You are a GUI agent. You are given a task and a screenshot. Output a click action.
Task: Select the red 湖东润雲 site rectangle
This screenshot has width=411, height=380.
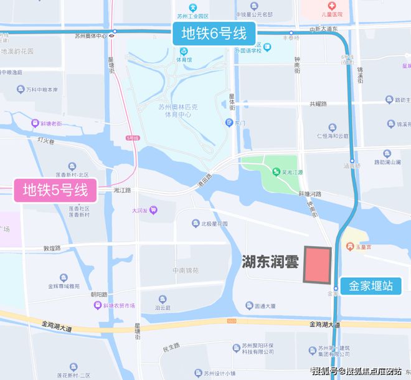click(x=317, y=265)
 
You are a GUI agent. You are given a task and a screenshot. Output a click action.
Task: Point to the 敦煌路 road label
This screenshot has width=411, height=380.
click(x=51, y=247)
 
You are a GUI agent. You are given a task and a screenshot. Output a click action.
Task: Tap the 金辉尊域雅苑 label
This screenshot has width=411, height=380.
click(x=64, y=287)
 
